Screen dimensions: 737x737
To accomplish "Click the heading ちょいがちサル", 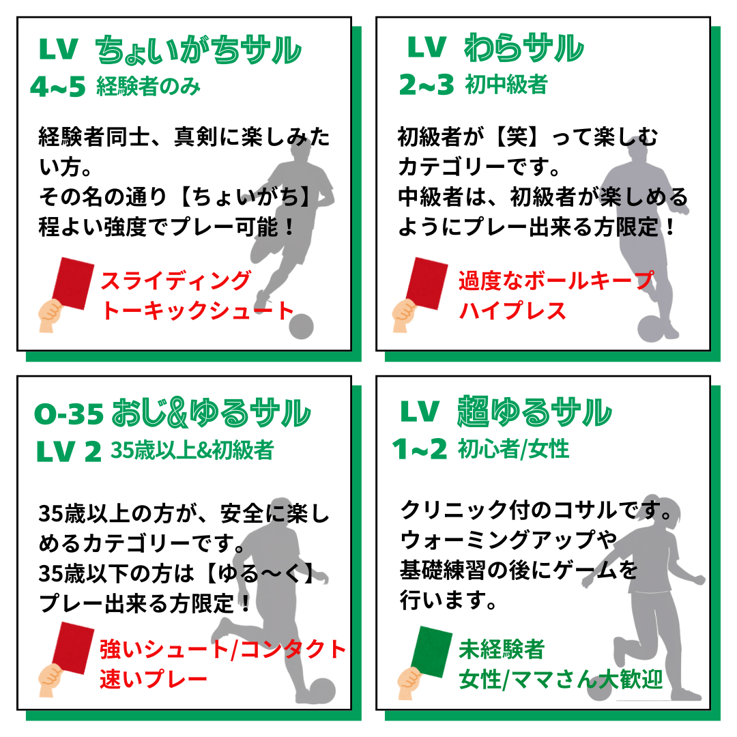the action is click(x=198, y=50).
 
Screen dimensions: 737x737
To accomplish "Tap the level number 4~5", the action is click(x=57, y=87).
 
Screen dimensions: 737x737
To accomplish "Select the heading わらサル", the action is click(x=523, y=48).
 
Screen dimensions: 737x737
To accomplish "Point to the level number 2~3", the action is click(x=427, y=85).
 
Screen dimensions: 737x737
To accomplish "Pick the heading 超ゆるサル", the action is click(x=534, y=412).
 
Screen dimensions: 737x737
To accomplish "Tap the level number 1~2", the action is click(x=420, y=449).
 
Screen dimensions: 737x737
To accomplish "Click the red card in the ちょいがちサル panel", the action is click(x=73, y=283).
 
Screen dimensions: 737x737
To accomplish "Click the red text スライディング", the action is click(x=176, y=280).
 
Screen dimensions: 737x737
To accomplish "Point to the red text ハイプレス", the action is click(x=512, y=310).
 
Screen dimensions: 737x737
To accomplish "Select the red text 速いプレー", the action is click(x=154, y=679).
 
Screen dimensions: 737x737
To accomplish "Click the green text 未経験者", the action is click(x=502, y=650).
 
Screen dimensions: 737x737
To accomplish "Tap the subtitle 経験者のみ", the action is click(x=149, y=87).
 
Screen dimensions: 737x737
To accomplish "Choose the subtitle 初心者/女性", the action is click(x=514, y=449).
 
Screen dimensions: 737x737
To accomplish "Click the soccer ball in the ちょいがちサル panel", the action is click(x=301, y=326).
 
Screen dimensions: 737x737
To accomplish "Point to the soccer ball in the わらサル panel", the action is click(x=652, y=328).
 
